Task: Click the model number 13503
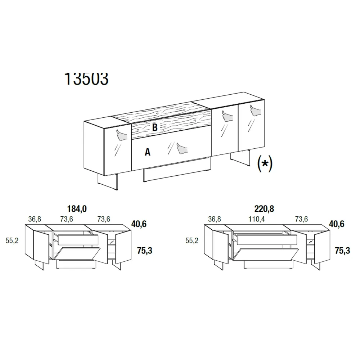(x=86, y=79)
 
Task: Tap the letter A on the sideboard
(x=147, y=152)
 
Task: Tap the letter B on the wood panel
(x=155, y=127)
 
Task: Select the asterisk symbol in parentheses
(x=265, y=163)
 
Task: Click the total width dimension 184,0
(x=77, y=209)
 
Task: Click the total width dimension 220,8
(x=264, y=209)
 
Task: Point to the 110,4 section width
(x=256, y=219)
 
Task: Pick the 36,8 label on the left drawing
(x=35, y=219)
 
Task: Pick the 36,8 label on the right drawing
(x=215, y=219)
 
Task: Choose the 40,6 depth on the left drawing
(x=139, y=224)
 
